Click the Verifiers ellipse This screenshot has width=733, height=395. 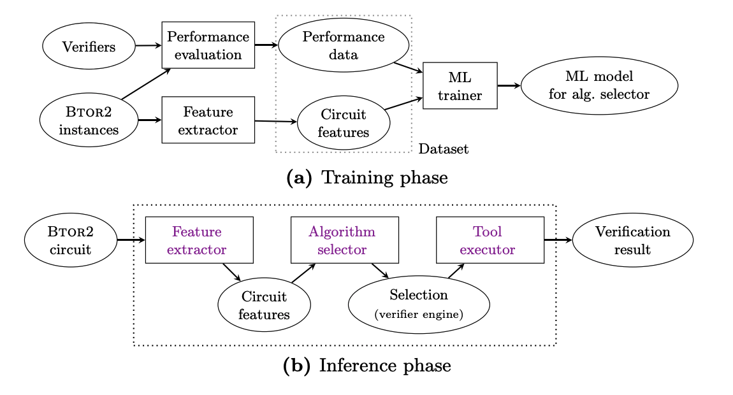89,47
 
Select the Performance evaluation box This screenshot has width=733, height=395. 208,45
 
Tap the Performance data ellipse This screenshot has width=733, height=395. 344,45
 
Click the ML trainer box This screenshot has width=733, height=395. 460,85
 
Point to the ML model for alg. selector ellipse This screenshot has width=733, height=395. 599,85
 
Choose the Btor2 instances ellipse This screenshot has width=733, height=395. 89,121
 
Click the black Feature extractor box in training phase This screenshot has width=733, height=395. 208,120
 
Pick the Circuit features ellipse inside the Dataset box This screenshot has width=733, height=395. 344,124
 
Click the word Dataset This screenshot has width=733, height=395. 444,149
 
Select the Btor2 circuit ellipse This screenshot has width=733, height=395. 71,240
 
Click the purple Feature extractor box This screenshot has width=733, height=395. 199,240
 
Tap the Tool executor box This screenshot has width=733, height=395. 490,240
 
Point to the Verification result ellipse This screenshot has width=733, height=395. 632,240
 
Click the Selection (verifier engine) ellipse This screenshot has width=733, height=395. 419,304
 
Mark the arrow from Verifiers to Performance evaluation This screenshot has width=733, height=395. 149,46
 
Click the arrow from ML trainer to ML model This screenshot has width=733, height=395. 509,85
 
